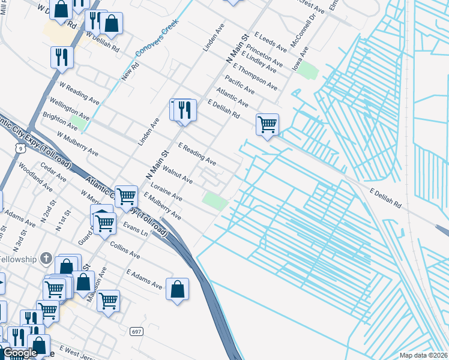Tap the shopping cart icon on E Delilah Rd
pos(267,125)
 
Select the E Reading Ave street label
pos(197,154)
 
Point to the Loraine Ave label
pos(166,191)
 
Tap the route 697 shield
pos(137,331)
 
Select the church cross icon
pos(46,259)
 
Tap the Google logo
pos(20,353)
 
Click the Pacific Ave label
pos(240,84)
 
